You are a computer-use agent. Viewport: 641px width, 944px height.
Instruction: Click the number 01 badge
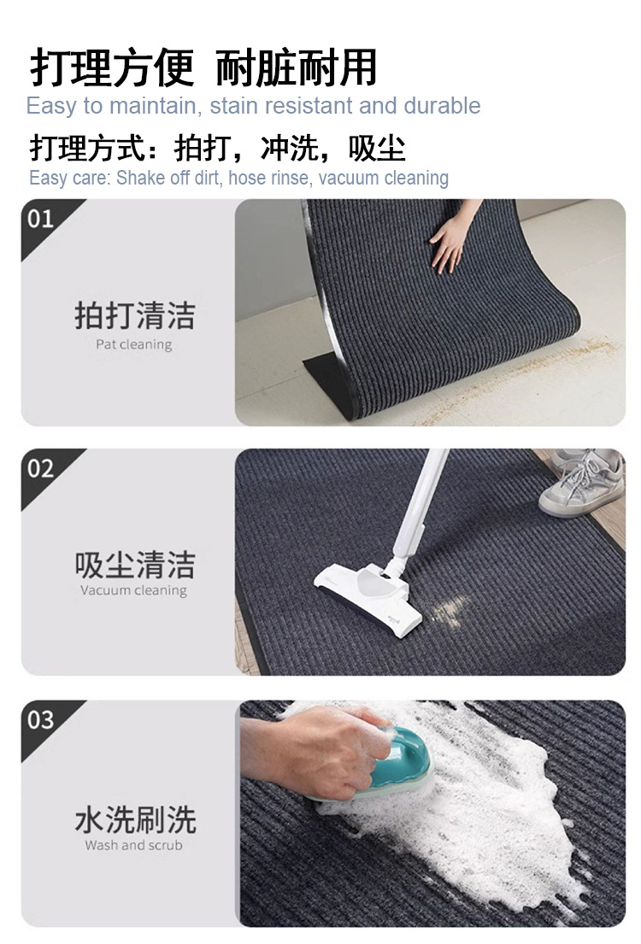pos(40,219)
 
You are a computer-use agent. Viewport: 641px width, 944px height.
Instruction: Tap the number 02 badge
pos(40,468)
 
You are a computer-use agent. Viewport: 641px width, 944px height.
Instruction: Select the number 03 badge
pos(40,719)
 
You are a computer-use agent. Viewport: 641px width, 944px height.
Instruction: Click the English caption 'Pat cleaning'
pos(133,345)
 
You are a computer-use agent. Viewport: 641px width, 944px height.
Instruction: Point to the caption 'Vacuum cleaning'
pos(133,590)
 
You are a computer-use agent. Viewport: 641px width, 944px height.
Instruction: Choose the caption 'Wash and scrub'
pos(133,845)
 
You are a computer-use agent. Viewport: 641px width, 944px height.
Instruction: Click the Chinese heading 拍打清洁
pos(135,315)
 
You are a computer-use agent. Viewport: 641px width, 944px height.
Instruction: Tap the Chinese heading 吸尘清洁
pos(135,564)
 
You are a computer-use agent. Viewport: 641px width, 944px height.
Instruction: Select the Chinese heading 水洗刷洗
pos(135,819)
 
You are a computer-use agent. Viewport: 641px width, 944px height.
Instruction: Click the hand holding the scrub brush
pos(314,749)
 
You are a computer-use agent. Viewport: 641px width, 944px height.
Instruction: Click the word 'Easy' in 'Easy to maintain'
pos(51,107)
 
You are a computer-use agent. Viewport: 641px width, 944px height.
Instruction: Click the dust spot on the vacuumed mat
pos(449,611)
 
